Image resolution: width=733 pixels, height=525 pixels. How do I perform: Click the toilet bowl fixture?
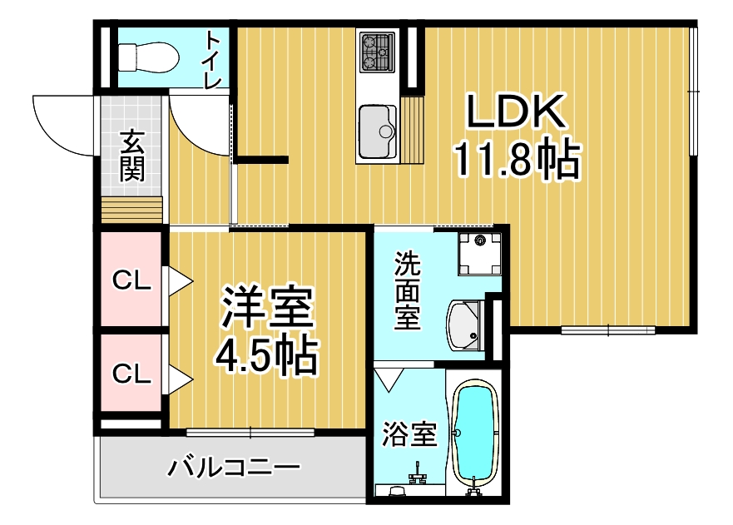149,57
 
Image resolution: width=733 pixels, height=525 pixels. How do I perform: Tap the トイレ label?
214,59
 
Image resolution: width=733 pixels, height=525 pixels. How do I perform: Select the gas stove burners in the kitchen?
377,52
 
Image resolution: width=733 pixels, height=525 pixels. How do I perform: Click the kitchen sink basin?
377,131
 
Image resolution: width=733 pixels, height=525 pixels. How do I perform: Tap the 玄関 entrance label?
131,156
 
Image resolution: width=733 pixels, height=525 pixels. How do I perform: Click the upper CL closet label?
131,280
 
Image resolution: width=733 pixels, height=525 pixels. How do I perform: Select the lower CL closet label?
131,374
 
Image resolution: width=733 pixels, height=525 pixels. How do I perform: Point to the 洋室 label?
267,306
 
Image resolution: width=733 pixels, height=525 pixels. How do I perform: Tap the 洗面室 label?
407,290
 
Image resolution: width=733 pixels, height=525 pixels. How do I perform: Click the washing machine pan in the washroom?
480,254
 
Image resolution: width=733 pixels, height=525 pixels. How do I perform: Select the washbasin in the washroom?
465,325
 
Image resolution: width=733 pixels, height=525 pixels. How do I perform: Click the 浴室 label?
409,434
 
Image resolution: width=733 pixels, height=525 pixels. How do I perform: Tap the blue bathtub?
474,433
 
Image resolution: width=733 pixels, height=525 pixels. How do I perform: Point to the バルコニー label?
234,468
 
